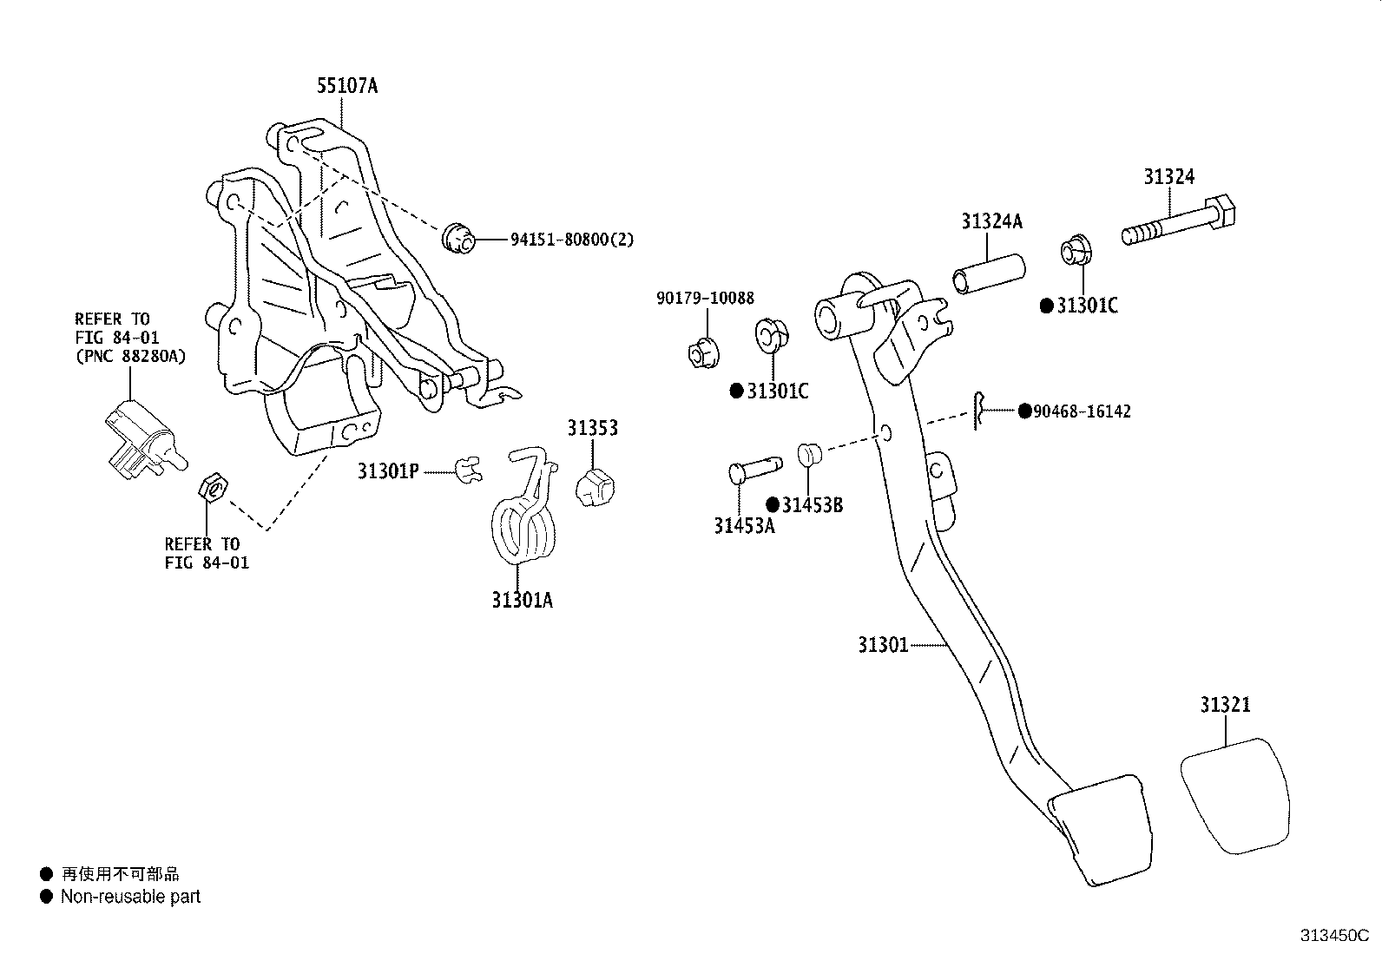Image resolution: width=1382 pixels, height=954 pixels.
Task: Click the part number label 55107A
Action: point(347,85)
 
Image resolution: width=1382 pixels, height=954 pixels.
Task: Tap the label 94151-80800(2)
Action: point(572,240)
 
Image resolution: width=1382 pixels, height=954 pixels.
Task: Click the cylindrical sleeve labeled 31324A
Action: point(989,274)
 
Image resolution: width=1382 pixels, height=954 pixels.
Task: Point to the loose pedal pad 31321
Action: point(1235,795)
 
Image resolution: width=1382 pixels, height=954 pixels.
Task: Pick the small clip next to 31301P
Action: point(469,470)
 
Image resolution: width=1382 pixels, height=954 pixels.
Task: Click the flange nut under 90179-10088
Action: point(703,353)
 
